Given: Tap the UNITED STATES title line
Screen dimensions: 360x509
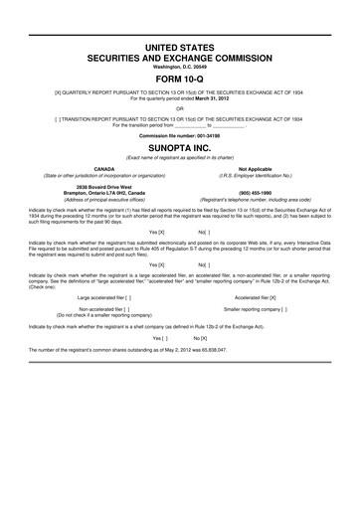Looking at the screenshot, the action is coord(179,48).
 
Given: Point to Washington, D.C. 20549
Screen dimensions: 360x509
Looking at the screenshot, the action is coord(179,67).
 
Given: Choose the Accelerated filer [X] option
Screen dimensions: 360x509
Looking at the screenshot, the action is coord(255,297).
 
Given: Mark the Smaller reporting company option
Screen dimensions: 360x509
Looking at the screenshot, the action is coord(256,309).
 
